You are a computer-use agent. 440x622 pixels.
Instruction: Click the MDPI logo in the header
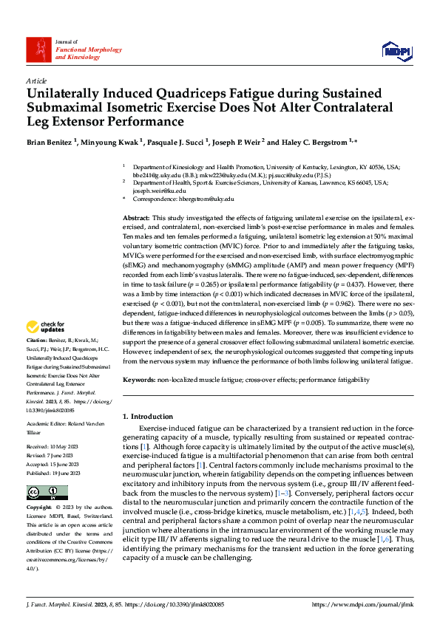pyautogui.click(x=397, y=49)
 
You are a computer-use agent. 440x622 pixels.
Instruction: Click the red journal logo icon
pyautogui.click(x=38, y=49)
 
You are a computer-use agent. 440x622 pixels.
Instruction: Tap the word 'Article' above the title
pyautogui.click(x=35, y=81)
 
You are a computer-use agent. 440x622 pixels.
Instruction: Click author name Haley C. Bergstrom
pyautogui.click(x=311, y=141)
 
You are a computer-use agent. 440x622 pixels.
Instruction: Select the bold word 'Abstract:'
pyautogui.click(x=136, y=219)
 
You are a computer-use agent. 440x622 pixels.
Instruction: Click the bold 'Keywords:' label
pyautogui.click(x=139, y=380)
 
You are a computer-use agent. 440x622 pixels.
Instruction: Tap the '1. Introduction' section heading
pyautogui.click(x=148, y=417)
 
